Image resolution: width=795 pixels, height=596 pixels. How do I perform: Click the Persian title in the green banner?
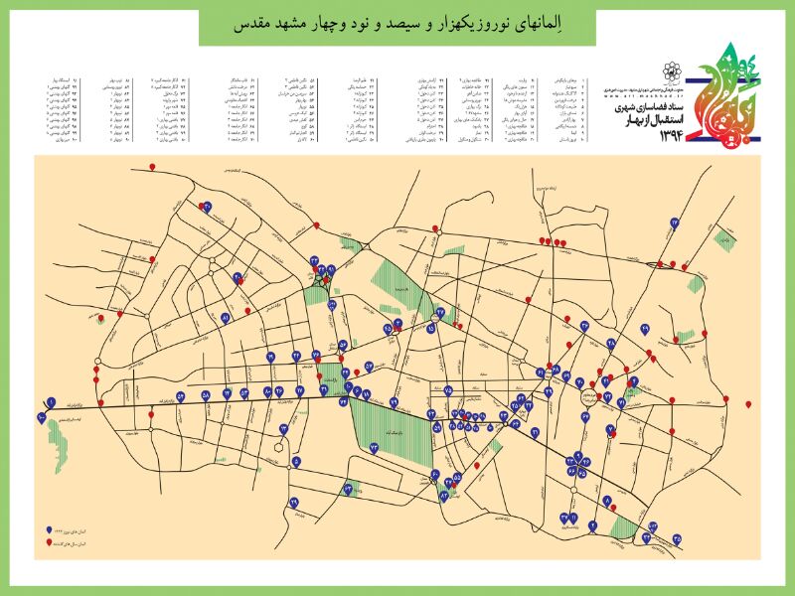[x=397, y=25]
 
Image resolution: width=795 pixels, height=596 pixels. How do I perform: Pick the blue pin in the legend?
[x=49, y=531]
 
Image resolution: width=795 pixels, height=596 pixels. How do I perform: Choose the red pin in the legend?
[x=49, y=545]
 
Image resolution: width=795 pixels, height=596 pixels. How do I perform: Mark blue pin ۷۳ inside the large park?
[x=374, y=448]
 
